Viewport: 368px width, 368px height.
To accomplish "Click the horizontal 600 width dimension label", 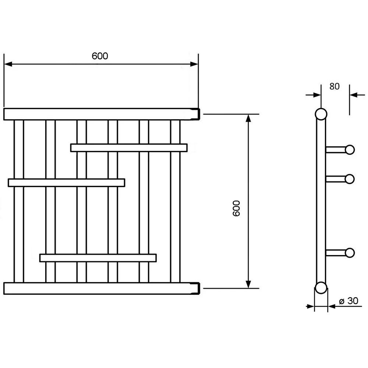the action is (100, 56).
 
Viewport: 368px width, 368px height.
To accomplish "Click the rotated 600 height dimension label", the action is (236, 208).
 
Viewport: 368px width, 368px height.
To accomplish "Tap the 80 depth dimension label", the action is (335, 86).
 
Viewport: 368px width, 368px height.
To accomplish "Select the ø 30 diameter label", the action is (349, 301).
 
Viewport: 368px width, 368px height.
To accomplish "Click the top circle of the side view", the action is (321, 114).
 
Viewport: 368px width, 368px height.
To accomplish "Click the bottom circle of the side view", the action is (321, 288).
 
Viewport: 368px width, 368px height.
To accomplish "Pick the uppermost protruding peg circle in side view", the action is (350, 150).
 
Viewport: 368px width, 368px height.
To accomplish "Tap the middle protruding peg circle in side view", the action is (350, 179).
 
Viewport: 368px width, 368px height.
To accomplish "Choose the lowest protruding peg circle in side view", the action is (350, 253).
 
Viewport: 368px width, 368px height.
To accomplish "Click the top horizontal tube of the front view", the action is (102, 114).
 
